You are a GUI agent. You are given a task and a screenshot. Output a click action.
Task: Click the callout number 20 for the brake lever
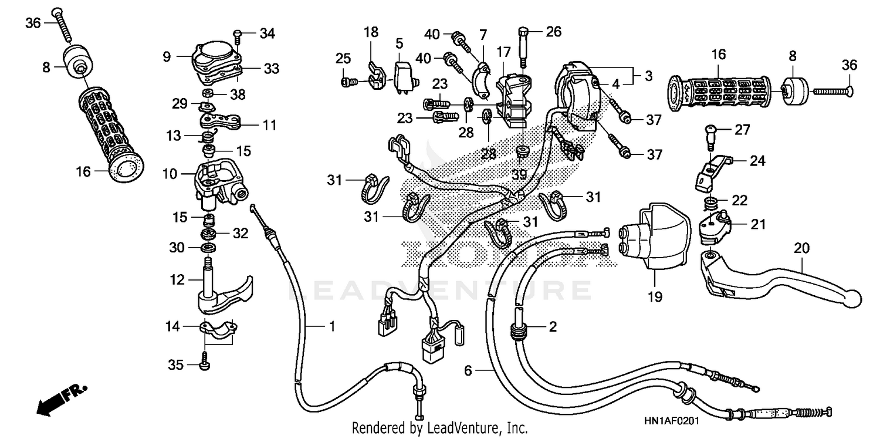(801, 248)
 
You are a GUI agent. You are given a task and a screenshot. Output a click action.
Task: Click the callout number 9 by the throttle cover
(167, 56)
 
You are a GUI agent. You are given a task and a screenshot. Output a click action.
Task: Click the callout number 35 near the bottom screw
(176, 365)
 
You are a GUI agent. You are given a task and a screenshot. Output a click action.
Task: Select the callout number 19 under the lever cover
(655, 297)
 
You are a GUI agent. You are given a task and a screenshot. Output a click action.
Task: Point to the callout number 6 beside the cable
(468, 371)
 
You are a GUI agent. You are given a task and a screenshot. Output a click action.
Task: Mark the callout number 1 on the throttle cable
(332, 326)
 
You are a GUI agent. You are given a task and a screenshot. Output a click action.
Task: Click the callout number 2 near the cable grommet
(552, 326)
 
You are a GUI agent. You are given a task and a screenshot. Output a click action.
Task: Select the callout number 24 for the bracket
(758, 160)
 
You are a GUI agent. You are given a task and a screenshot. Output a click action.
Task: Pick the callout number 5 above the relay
(400, 43)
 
